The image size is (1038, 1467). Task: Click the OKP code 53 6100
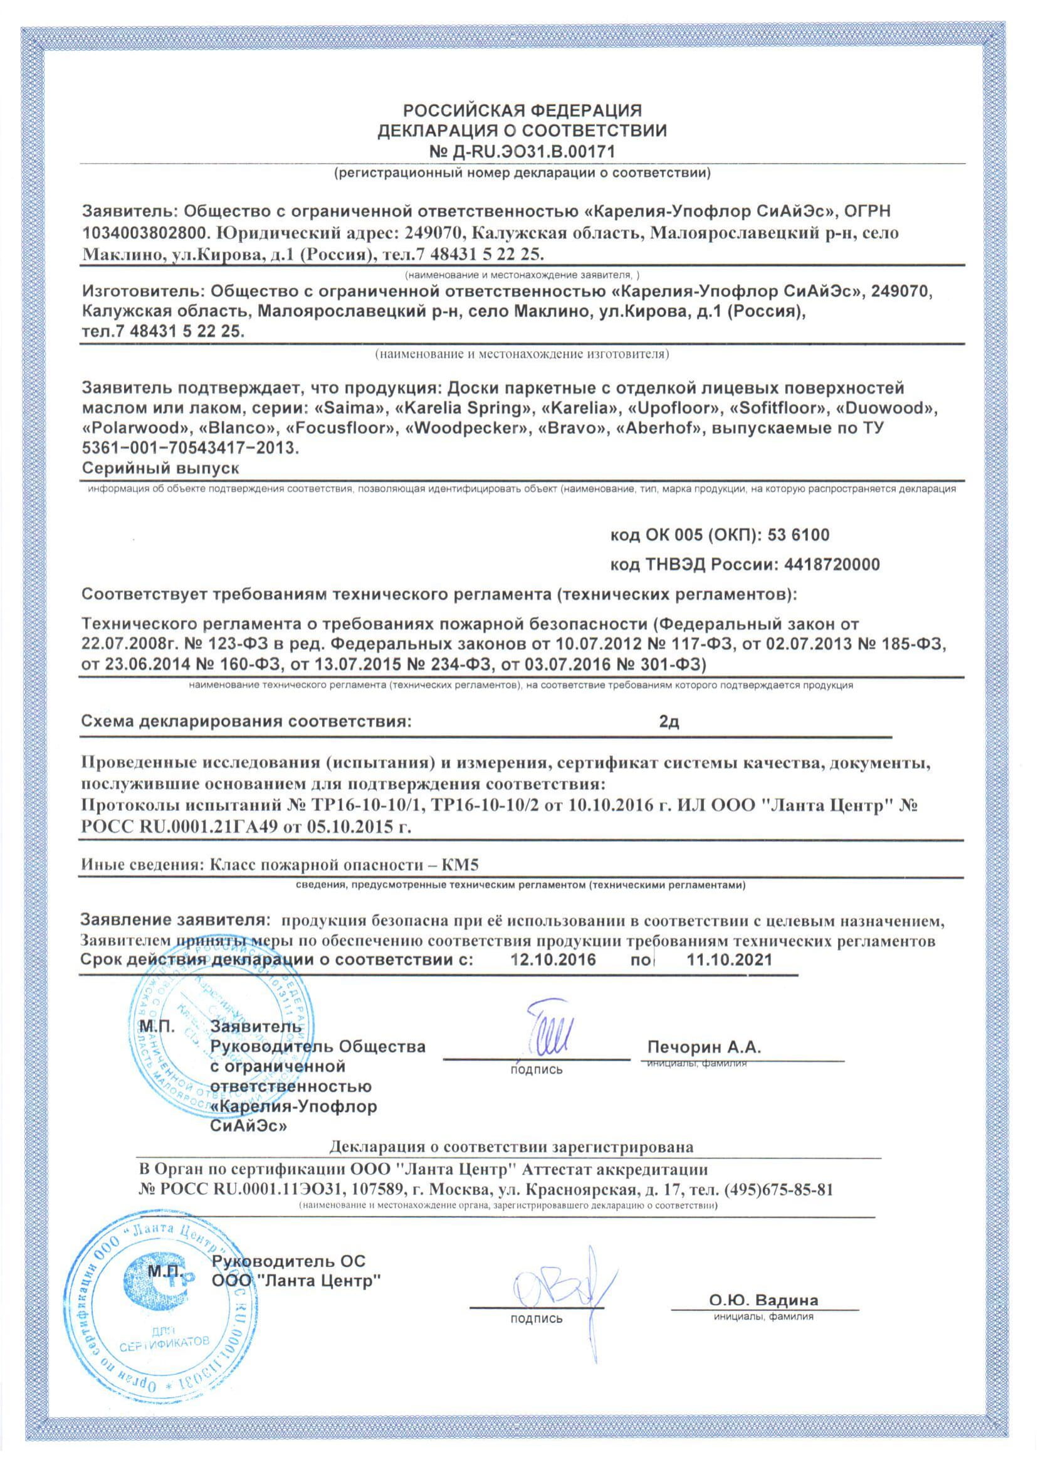(799, 534)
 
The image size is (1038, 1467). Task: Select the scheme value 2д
(669, 722)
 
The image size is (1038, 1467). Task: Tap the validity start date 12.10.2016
(553, 959)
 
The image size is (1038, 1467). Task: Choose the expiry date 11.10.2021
(729, 959)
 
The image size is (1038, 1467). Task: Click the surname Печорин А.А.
(704, 1046)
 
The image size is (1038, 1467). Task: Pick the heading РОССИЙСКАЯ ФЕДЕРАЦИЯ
(522, 110)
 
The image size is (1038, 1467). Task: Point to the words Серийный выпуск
(160, 468)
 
